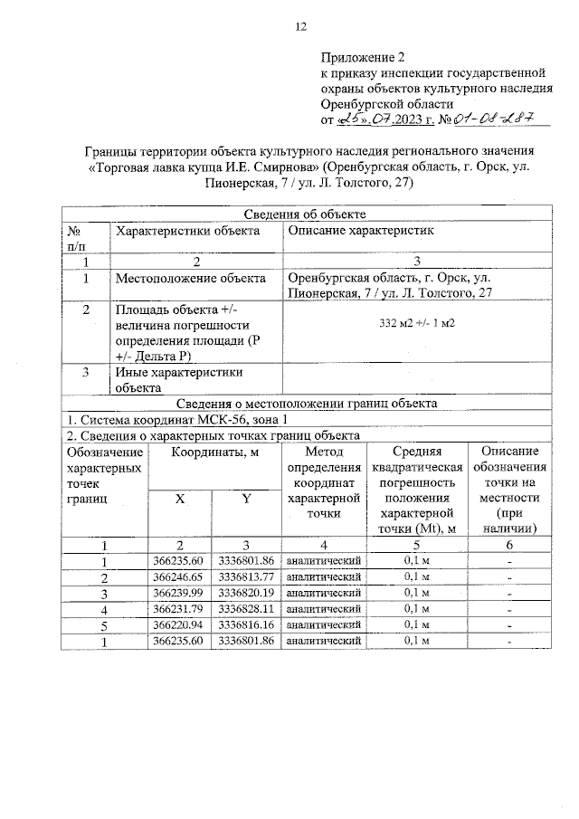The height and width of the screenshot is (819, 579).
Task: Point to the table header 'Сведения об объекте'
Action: click(306, 214)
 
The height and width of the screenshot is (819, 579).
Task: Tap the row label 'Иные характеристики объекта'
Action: click(179, 379)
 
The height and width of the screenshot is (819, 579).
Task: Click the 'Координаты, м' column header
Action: click(213, 452)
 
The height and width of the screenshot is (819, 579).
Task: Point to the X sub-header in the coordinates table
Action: click(180, 500)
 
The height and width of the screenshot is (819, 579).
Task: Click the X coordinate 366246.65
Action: click(179, 577)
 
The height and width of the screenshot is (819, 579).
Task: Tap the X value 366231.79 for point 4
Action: click(179, 609)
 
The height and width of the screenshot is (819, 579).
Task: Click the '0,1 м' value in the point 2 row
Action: click(417, 577)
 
